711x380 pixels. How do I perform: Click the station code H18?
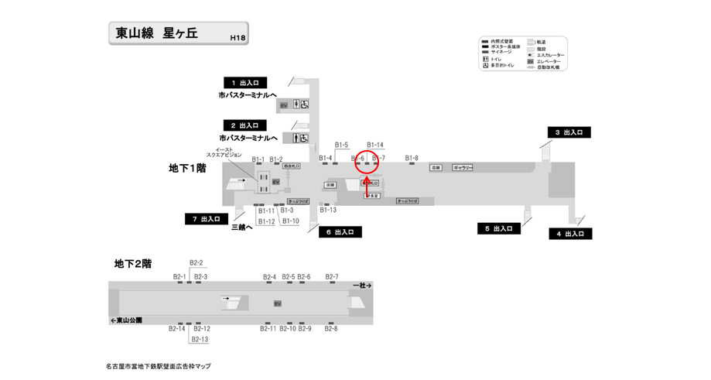coord(238,37)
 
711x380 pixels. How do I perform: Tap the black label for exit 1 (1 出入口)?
coord(245,82)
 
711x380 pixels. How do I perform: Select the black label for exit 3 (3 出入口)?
coord(569,132)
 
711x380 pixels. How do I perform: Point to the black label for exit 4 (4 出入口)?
coord(570,234)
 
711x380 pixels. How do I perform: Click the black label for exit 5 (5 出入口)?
coord(499,228)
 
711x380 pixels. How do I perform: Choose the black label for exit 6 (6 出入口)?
coord(340,231)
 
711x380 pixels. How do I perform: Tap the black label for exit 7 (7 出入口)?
coord(207,219)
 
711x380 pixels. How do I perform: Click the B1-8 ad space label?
coord(412,158)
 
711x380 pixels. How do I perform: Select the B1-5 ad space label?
coord(341,145)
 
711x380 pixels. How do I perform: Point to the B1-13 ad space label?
coord(328,210)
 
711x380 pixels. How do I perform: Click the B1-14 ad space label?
coord(375,145)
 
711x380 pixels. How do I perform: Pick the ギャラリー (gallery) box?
coord(463,167)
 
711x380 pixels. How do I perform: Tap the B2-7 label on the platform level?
coord(332,276)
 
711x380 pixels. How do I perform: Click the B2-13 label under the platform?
coord(200,340)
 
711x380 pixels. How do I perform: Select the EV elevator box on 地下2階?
coord(277,303)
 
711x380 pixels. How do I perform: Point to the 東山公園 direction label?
coord(126,320)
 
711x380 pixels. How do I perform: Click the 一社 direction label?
coord(362,286)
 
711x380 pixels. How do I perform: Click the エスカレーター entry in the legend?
coord(550,55)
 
